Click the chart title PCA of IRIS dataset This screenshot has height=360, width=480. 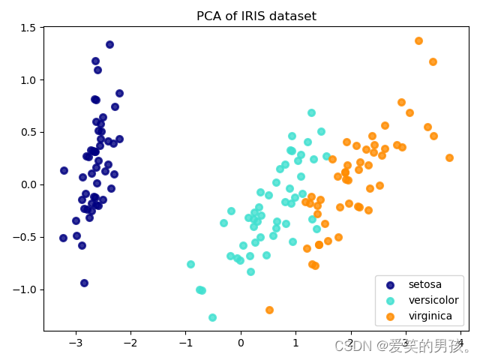click(256, 16)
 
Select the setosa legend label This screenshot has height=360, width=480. click(424, 285)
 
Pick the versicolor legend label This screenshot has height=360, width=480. click(430, 301)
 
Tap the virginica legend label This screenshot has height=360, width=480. click(430, 316)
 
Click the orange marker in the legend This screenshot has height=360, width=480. click(390, 316)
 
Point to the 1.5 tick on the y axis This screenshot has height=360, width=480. click(28, 28)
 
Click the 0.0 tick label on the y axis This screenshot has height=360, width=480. click(28, 184)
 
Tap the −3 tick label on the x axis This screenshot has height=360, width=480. click(75, 343)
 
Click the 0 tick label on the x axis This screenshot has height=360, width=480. click(241, 343)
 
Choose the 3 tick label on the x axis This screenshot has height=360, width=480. click(406, 343)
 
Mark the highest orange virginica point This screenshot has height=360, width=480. click(418, 40)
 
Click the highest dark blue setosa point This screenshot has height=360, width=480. click(109, 44)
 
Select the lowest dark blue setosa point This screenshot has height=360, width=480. click(84, 283)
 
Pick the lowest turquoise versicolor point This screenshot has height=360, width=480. click(212, 317)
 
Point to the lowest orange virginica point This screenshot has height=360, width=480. click(269, 310)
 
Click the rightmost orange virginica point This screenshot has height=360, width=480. click(449, 157)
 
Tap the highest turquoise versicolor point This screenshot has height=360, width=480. click(311, 112)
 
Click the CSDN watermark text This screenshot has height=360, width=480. click(403, 346)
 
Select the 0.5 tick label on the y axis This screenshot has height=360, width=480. click(28, 132)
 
